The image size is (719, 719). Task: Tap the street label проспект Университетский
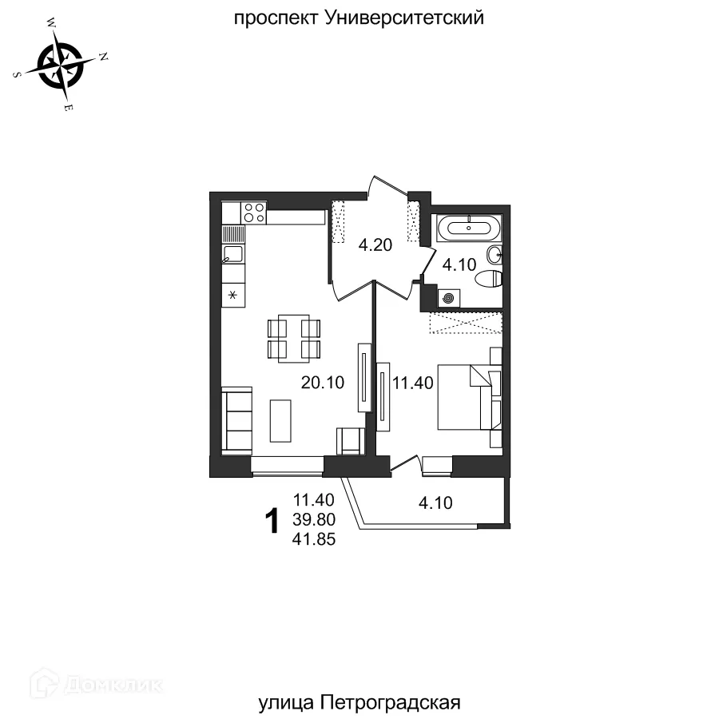click(x=359, y=18)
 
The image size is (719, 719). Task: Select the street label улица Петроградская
click(x=360, y=703)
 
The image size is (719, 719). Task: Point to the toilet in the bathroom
click(x=487, y=279)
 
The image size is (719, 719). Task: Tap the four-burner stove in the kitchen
click(x=255, y=213)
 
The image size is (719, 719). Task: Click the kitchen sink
click(x=233, y=256)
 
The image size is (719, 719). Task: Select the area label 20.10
click(x=322, y=383)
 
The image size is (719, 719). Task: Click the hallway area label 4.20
click(x=375, y=245)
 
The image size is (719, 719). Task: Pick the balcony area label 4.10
click(x=436, y=503)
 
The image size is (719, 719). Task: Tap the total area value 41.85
click(x=314, y=539)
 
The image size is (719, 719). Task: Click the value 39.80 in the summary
click(x=314, y=520)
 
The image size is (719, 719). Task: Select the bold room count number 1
click(x=272, y=521)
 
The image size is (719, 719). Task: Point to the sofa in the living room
click(x=236, y=419)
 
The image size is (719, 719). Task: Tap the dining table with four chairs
click(x=293, y=339)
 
